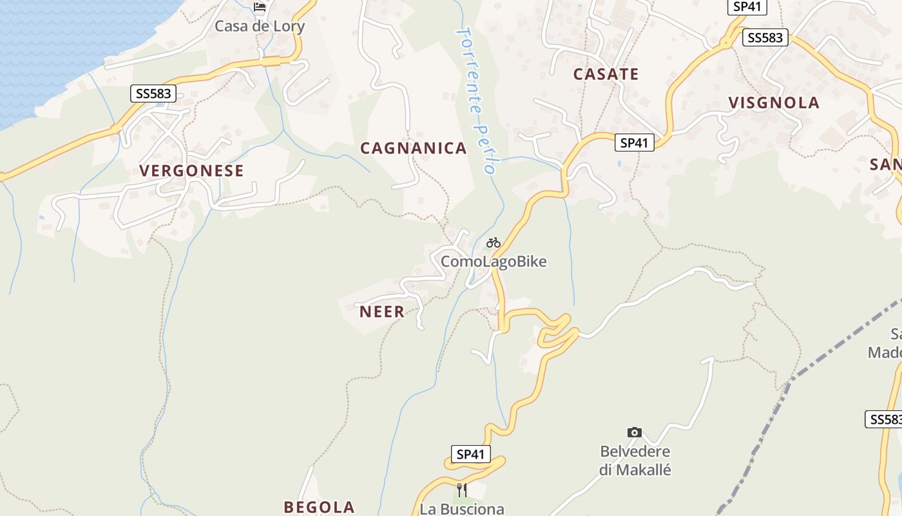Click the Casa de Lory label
[259, 26]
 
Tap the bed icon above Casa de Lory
[260, 7]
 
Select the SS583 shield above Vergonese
[153, 94]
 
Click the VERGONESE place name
[192, 171]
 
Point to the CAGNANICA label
[414, 148]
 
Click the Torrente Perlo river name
[476, 100]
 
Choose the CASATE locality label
[606, 74]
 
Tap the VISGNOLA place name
[774, 103]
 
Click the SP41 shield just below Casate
[634, 143]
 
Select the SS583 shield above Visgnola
[765, 37]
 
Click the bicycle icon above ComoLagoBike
[494, 243]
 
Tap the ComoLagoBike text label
[494, 261]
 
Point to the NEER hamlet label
[382, 312]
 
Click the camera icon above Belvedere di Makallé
[635, 432]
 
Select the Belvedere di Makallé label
[635, 461]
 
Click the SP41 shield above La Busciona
[470, 454]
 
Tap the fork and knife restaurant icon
[461, 490]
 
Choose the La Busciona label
[462, 509]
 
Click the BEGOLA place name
[319, 507]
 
